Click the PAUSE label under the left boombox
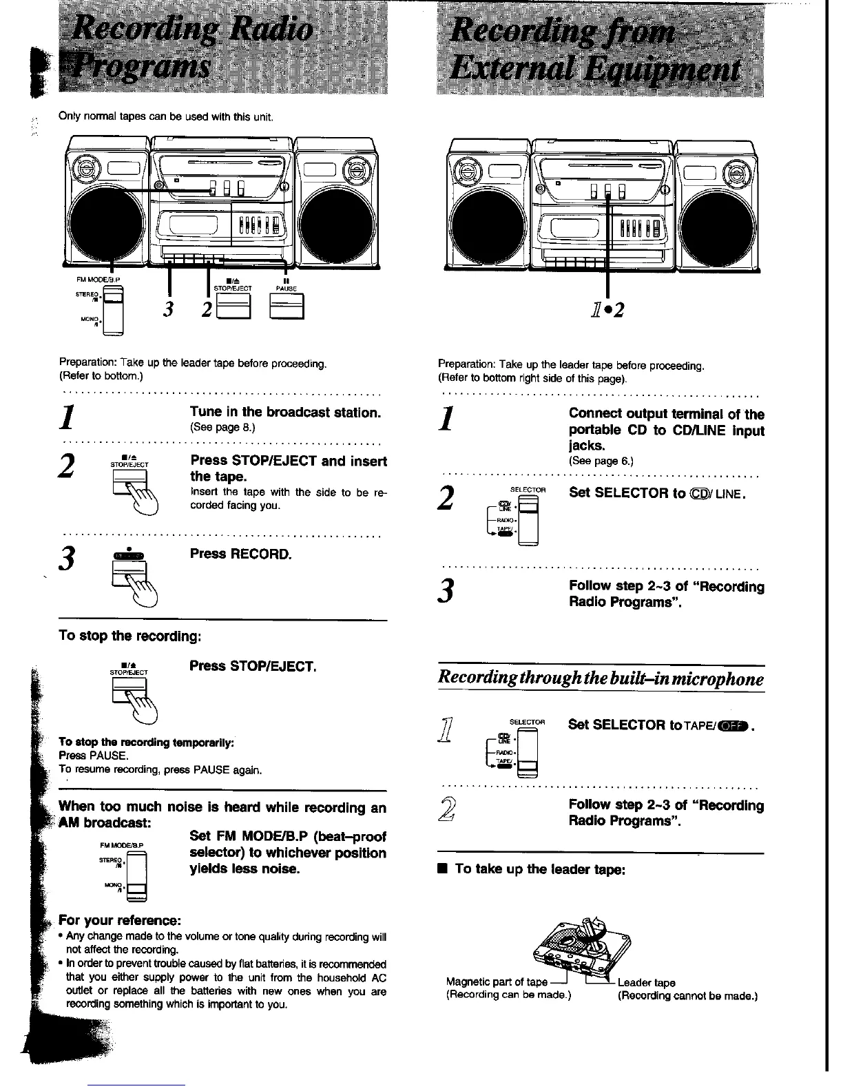(x=285, y=289)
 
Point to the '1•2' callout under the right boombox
(x=607, y=311)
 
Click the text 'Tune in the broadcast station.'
(x=285, y=413)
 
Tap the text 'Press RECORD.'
(x=241, y=554)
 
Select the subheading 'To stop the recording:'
(x=129, y=635)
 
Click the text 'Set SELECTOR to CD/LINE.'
(x=657, y=493)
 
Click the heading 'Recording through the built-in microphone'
(x=601, y=679)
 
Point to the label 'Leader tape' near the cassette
(x=646, y=983)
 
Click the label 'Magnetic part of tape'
(x=497, y=982)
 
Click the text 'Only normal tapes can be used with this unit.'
(x=167, y=116)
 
